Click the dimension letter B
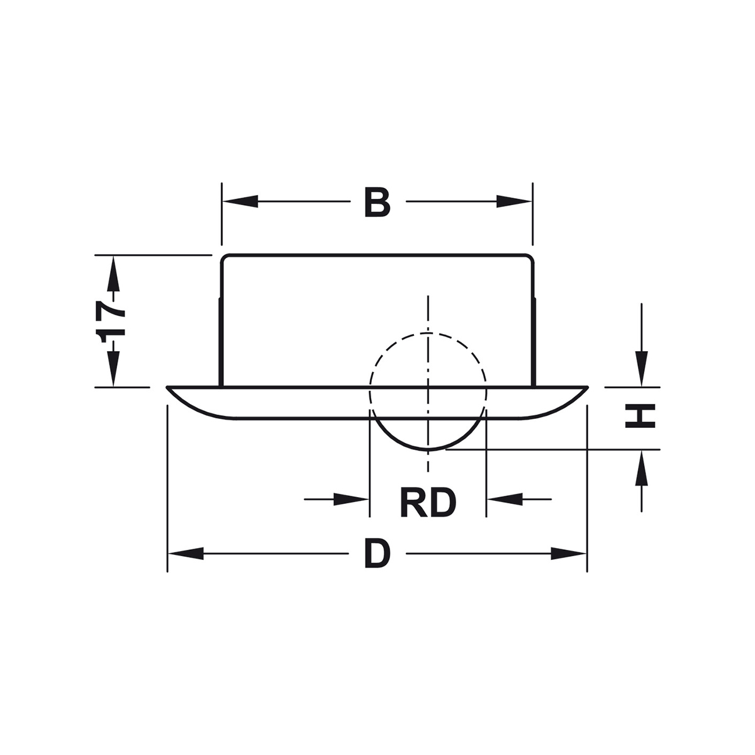click(x=377, y=202)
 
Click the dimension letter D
click(x=377, y=554)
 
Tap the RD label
click(x=428, y=503)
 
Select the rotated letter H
click(x=640, y=416)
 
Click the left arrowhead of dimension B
click(x=240, y=201)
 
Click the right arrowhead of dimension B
click(x=514, y=201)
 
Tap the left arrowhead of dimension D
click(x=186, y=554)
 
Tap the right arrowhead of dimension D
click(x=569, y=554)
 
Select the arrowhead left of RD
click(x=351, y=500)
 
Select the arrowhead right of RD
click(x=505, y=500)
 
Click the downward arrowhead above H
click(x=641, y=368)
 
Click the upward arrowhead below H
click(x=641, y=468)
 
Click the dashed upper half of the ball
click(x=428, y=333)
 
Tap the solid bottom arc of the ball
click(x=428, y=450)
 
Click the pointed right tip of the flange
click(x=587, y=388)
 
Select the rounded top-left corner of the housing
click(x=223, y=257)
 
